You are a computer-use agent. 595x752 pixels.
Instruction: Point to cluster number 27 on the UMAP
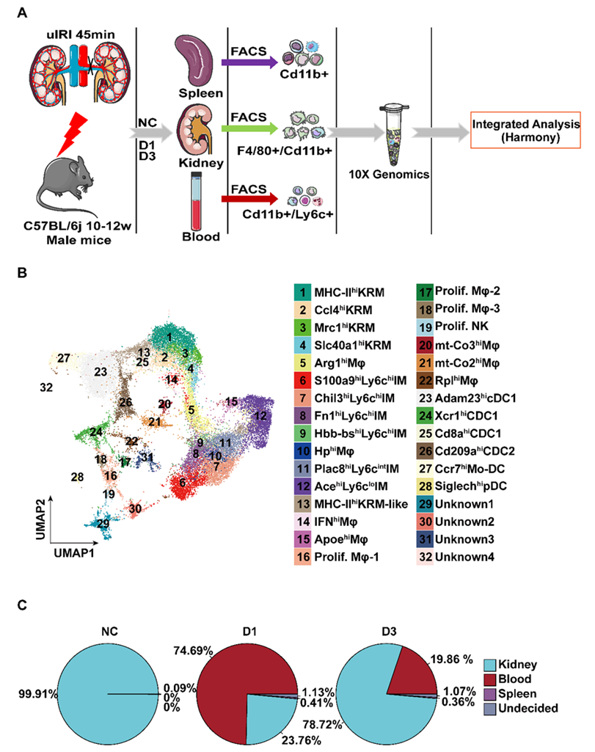click(x=63, y=358)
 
